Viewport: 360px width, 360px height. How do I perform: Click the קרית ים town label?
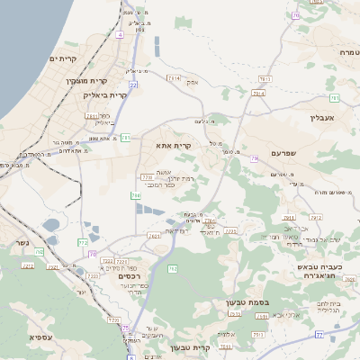64,58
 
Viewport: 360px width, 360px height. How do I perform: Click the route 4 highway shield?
120,34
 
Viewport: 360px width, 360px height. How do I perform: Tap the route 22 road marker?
133,84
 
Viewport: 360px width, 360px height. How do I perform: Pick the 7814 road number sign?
174,78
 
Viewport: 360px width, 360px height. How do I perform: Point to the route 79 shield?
255,158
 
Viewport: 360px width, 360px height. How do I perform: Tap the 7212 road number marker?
106,261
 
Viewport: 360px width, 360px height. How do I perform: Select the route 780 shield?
135,194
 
